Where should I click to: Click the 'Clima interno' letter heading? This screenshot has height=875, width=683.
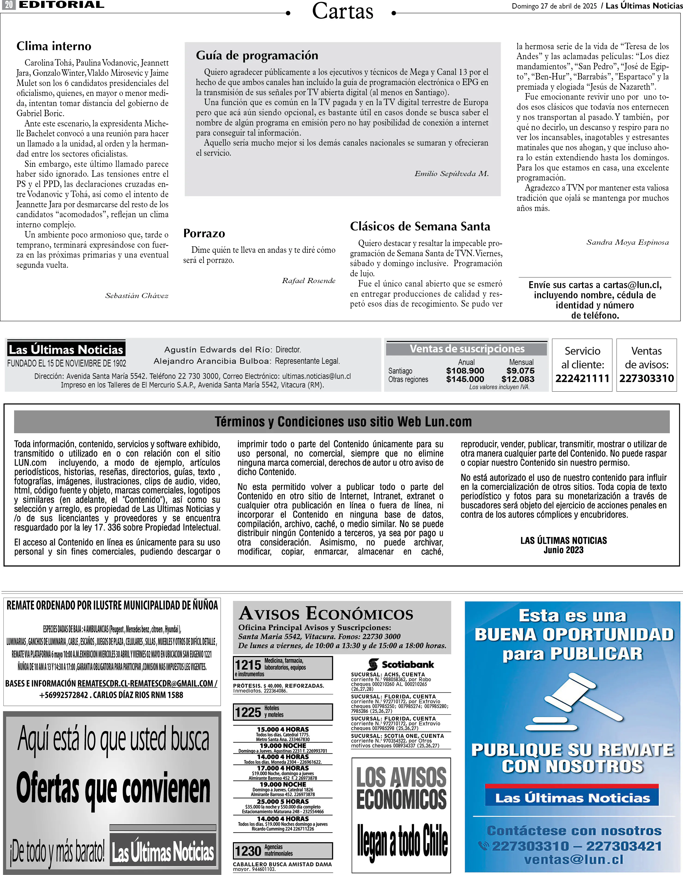coord(54,46)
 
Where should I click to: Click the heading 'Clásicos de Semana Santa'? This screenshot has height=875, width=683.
coord(420,226)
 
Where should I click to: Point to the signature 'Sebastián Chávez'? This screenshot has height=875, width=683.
coord(137,296)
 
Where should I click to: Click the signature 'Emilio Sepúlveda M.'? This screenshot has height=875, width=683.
coord(451,174)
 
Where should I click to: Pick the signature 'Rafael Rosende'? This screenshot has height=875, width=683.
coord(308,280)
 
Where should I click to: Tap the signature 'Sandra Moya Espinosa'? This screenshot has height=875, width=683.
coord(627,242)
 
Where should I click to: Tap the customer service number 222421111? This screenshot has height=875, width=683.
coord(582,378)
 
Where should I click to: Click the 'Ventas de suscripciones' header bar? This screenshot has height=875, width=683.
coord(467,349)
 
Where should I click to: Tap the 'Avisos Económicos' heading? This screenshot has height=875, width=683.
coord(326,613)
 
